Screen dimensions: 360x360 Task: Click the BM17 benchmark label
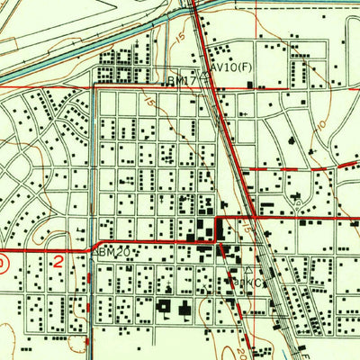183,81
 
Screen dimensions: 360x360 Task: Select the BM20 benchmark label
114,253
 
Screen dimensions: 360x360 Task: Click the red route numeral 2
58,263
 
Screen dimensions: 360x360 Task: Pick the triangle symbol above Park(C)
248,269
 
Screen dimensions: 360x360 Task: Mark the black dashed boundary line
297,4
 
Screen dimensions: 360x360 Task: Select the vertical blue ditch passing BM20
93,180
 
